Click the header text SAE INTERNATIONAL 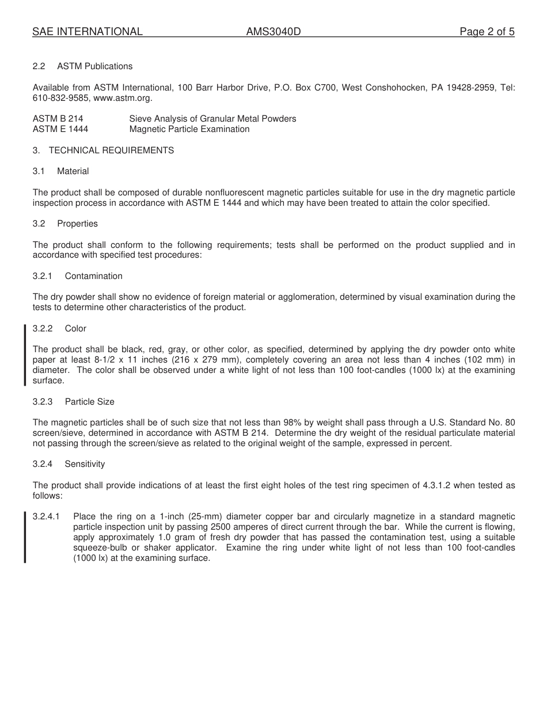(88, 32)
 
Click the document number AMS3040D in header (273, 32)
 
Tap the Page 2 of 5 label (487, 32)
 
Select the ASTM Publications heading (94, 66)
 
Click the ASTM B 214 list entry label (58, 119)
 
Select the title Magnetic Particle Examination (189, 129)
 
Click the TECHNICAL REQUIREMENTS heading (111, 150)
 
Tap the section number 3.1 (39, 171)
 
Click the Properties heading (77, 224)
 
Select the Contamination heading (93, 276)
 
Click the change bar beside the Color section (25, 354)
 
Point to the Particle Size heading (89, 402)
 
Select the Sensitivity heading (85, 464)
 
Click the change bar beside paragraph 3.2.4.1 (25, 537)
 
